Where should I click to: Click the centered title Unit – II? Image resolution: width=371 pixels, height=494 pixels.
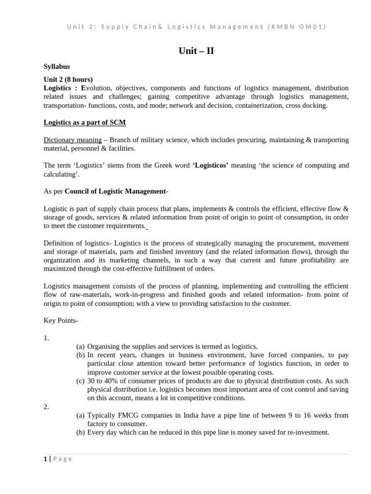[x=193, y=51]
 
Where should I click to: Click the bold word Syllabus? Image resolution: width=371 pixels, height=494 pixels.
[x=57, y=67]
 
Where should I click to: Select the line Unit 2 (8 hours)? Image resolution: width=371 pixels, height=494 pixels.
[x=68, y=79]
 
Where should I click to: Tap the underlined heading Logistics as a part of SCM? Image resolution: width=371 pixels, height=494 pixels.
[x=85, y=123]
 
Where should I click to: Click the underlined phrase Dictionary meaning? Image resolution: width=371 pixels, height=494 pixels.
[x=72, y=140]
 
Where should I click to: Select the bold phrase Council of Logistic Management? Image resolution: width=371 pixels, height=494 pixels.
[x=115, y=191]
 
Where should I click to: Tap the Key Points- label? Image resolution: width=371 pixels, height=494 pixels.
[x=61, y=321]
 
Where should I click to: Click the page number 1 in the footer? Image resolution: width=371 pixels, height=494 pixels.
[x=45, y=459]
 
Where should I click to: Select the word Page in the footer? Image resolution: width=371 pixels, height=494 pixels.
[x=63, y=459]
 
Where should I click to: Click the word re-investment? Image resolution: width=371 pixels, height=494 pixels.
[x=306, y=433]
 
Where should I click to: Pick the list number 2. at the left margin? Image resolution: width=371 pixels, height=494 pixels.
[x=46, y=407]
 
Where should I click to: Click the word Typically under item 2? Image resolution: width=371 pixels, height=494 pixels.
[x=101, y=415]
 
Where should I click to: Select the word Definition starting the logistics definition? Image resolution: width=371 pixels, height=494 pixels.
[x=60, y=243]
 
